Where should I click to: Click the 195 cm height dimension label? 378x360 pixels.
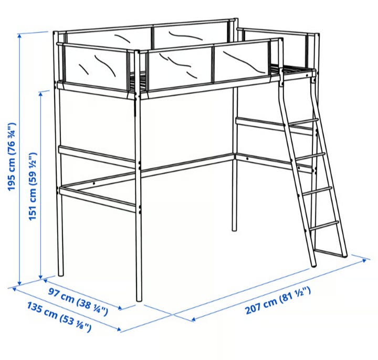coord(12,157)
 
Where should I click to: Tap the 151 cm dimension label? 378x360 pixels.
coord(33,186)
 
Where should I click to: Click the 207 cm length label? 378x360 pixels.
coord(278,301)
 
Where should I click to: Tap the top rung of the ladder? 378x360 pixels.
coord(303,121)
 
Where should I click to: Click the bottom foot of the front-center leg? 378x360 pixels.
coord(139,300)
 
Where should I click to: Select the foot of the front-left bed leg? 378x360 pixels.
coord(61,274)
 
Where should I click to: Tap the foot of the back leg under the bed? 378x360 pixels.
coord(235,229)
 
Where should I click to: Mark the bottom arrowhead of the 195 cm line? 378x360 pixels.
coord(20,283)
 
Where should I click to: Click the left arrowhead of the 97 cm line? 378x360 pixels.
coord(46,281)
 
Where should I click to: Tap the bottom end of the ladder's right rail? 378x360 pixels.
coord(345,256)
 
